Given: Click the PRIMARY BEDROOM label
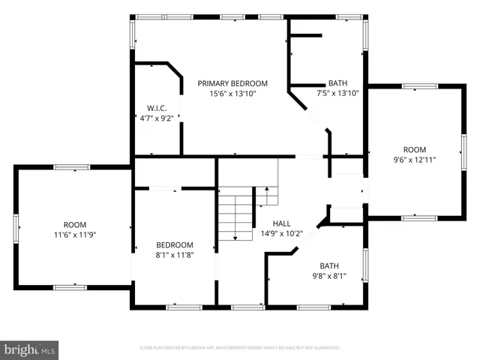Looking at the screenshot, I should [x=232, y=83].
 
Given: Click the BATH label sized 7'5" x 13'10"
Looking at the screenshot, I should [x=337, y=83].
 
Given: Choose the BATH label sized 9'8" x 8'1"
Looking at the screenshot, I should [x=329, y=265].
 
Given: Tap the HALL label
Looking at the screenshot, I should [x=281, y=223].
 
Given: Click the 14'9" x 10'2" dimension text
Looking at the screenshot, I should [x=281, y=233].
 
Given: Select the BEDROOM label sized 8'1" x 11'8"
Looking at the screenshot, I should [x=174, y=245].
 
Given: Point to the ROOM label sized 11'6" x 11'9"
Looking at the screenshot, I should [x=74, y=225].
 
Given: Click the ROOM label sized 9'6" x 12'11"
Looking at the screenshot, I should [x=415, y=149].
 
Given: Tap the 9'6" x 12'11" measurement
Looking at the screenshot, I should [x=415, y=159].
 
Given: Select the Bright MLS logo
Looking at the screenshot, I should [x=30, y=349].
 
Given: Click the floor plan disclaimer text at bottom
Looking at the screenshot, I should [x=240, y=348].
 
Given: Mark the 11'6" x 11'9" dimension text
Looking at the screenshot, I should [x=74, y=235].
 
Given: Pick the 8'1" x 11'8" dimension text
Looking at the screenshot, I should [x=174, y=255].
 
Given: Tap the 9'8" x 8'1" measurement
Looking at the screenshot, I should [x=329, y=275].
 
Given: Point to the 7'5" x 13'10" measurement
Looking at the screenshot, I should [x=337, y=93].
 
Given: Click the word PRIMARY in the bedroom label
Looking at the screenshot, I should [x=214, y=83].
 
